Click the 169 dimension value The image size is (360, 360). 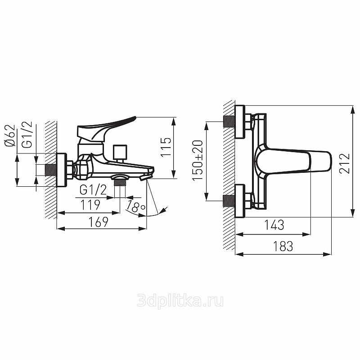tap(98, 222)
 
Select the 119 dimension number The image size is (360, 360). tap(90, 205)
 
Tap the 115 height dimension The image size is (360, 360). tap(166, 147)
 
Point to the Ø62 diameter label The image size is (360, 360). tap(9, 135)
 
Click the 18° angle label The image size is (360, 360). tap(136, 207)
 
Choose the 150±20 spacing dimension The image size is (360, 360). tap(198, 160)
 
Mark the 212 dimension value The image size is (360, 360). tap(345, 163)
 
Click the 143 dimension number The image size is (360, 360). tap(274, 225)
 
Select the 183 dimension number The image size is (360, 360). tap(283, 246)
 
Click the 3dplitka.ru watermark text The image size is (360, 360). tap(180, 301)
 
